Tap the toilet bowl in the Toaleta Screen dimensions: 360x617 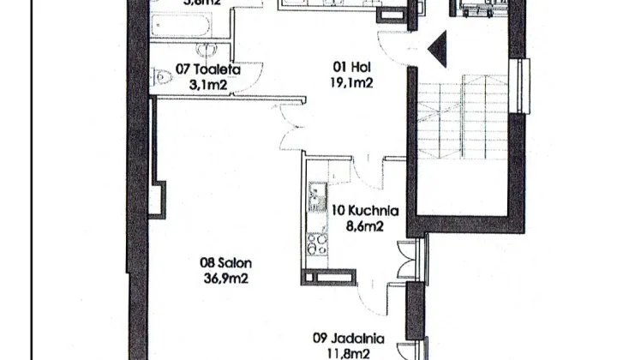(164, 78)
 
